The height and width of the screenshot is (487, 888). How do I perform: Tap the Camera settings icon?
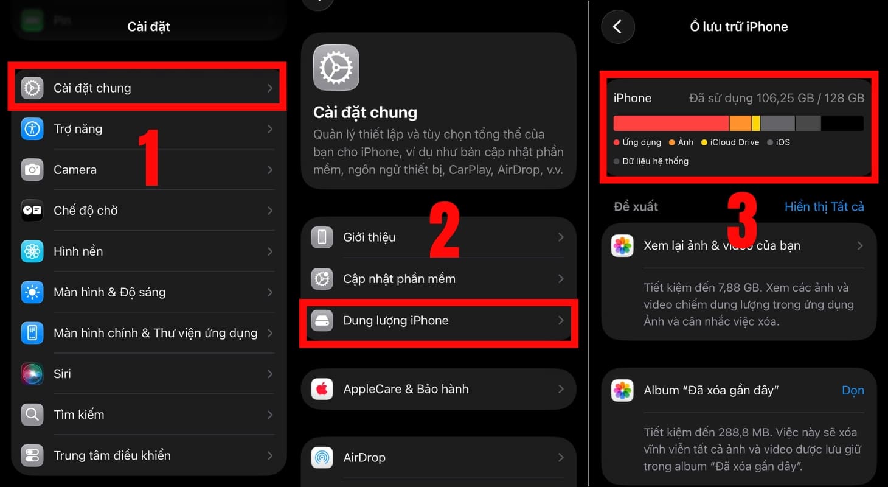(x=32, y=170)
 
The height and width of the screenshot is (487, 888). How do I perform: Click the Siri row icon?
(x=32, y=374)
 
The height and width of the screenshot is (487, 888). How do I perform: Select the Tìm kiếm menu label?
(x=78, y=415)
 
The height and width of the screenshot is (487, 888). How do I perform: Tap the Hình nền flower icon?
(x=32, y=251)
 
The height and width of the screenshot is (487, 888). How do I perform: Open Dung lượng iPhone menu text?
(x=395, y=321)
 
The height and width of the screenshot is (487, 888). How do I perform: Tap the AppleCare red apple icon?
(x=322, y=389)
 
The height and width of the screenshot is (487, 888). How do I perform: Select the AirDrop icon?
(x=322, y=457)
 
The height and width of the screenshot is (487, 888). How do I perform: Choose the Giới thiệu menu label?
(x=369, y=237)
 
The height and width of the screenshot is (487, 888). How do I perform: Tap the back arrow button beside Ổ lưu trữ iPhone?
(x=617, y=27)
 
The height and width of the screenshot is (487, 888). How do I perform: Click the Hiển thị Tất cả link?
(x=824, y=207)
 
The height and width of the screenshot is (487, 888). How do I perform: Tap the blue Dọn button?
(x=852, y=391)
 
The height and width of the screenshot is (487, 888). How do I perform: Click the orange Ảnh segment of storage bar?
(x=740, y=124)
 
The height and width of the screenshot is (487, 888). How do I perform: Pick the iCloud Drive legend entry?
(x=730, y=142)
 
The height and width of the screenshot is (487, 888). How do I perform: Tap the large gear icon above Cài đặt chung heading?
(x=336, y=68)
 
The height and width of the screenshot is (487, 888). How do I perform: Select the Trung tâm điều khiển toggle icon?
(x=32, y=455)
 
